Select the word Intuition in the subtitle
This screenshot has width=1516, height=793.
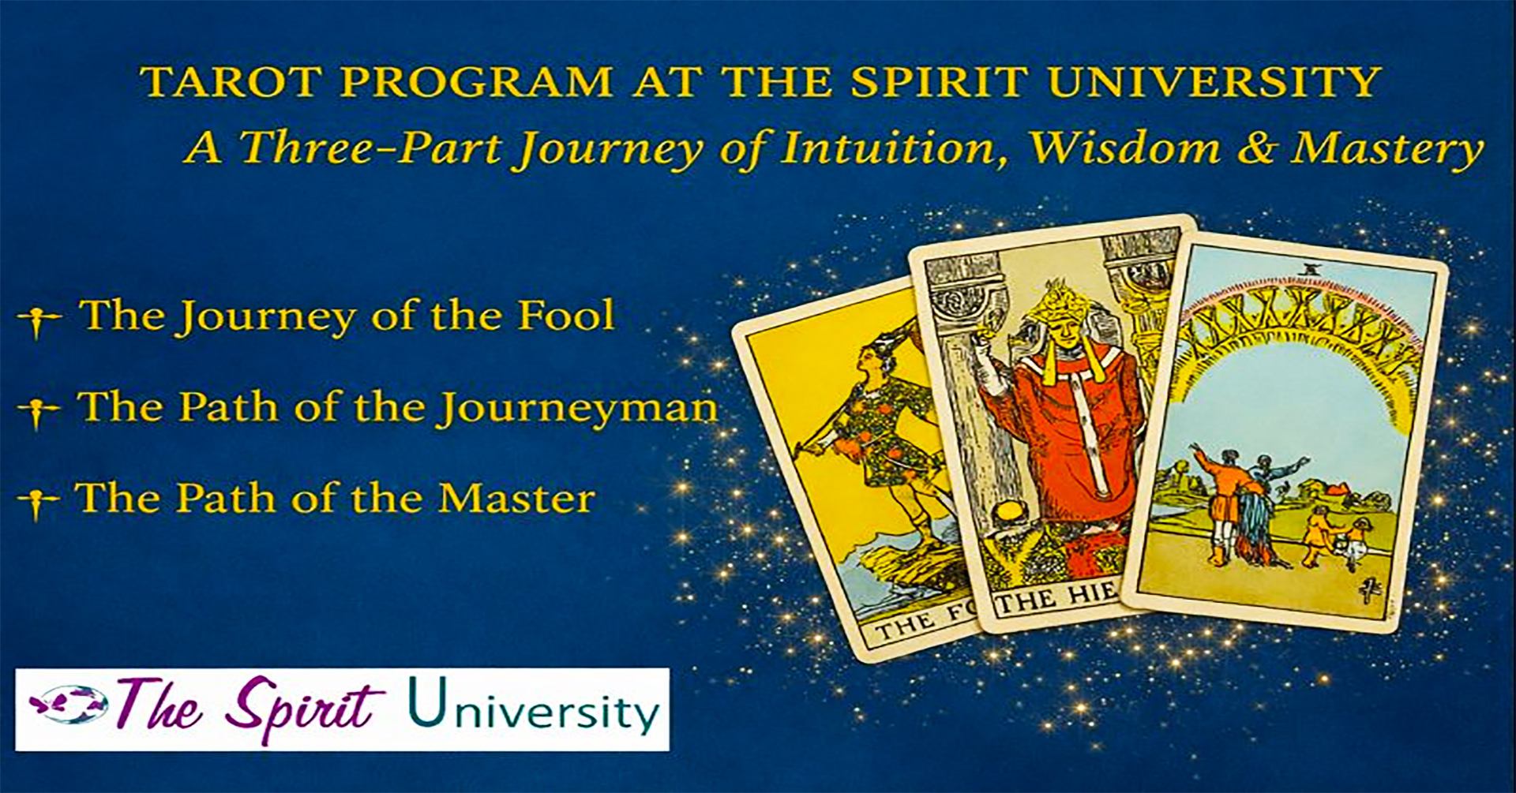pos(895,148)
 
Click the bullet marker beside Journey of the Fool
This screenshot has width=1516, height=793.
pos(38,320)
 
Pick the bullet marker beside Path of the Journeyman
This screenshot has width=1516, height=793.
pos(38,410)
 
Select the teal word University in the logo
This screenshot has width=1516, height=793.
pos(534,708)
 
